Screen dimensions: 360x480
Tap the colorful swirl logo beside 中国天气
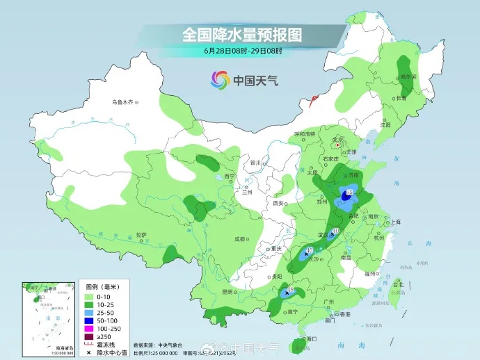[220, 81]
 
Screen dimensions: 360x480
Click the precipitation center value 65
[349, 193]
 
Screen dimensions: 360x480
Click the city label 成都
[241, 238]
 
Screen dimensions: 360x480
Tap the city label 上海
[396, 222]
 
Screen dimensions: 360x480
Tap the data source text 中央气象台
[172, 345]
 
